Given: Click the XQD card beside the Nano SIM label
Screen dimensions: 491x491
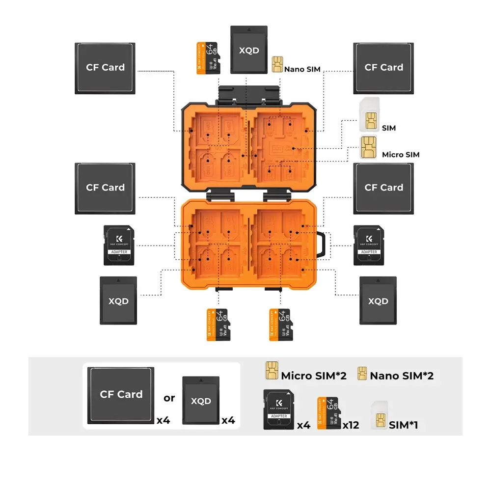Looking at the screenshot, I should [x=249, y=50].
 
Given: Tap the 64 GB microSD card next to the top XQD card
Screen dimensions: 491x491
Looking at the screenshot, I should [x=207, y=57].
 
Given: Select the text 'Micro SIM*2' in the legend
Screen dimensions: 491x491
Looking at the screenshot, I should [x=314, y=376].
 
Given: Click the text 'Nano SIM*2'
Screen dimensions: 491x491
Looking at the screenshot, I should [x=402, y=376].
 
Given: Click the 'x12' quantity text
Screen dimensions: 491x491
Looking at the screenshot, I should [x=351, y=425].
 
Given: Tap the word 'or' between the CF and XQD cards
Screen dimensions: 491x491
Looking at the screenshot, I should [x=169, y=398].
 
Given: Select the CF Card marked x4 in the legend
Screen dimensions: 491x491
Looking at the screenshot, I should [x=121, y=395].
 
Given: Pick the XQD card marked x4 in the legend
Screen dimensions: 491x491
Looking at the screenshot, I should [x=201, y=401].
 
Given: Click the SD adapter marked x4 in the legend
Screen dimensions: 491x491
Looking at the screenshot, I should [x=279, y=409].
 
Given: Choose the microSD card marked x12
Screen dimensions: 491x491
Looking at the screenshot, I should [x=329, y=413].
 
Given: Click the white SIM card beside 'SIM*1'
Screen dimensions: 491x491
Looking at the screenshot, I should [x=379, y=415].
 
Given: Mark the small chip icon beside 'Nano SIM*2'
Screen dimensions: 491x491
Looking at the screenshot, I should [x=363, y=374].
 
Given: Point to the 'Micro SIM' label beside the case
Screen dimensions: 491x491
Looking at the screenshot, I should [x=401, y=155].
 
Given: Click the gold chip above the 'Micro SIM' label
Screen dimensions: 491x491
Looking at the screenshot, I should [x=367, y=146].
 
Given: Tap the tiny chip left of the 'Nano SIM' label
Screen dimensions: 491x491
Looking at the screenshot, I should [x=277, y=64].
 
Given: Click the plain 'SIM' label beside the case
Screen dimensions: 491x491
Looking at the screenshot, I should [x=388, y=128].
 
